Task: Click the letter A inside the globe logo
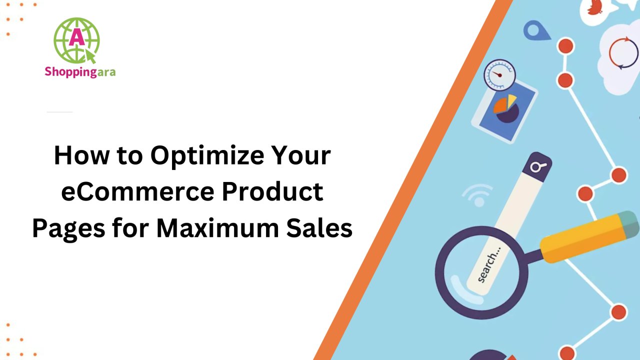click(75, 36)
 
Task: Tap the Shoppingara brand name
click(80, 72)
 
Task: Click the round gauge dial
click(499, 75)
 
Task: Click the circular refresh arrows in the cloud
click(623, 53)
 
